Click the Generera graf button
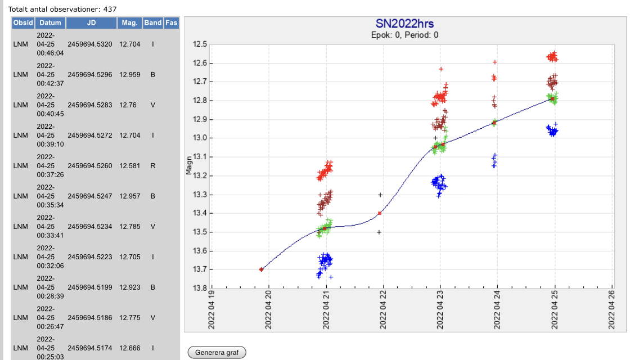217,353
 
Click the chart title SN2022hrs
404,24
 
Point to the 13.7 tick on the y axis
200,269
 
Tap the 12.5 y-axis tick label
200,44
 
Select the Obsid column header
23,23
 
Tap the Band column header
152,23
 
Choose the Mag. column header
129,23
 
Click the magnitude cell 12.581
130,166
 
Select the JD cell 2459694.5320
90,44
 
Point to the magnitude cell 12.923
130,287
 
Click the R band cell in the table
152,166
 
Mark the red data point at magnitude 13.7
262,269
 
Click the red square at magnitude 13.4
380,213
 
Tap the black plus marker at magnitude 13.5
379,232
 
